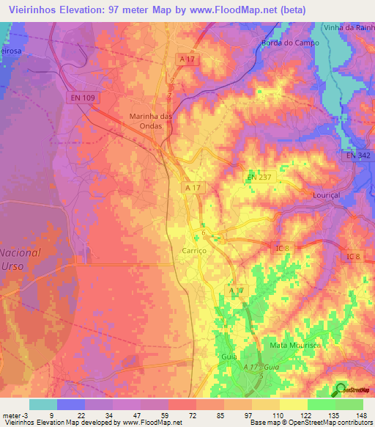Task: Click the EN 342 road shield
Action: pos(360,156)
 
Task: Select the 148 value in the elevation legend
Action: pos(361,415)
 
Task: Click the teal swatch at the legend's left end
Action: pos(42,404)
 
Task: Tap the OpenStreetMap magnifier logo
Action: pos(341,390)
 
